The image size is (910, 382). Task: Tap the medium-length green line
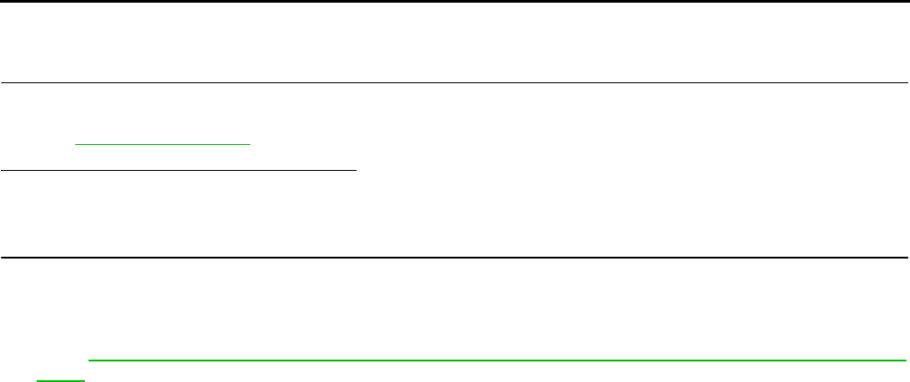click(x=164, y=143)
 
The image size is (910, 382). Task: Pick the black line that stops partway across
click(x=179, y=167)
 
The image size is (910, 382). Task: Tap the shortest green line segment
click(x=61, y=379)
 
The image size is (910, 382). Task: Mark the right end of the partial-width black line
click(x=356, y=167)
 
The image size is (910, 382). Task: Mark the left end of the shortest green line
click(x=37, y=379)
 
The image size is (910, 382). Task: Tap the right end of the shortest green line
click(x=85, y=379)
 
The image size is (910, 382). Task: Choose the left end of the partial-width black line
click(x=2, y=167)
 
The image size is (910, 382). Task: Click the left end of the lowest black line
click(x=2, y=259)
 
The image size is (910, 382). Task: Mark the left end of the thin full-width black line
click(x=2, y=83)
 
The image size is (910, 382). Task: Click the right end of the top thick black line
click(x=907, y=2)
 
